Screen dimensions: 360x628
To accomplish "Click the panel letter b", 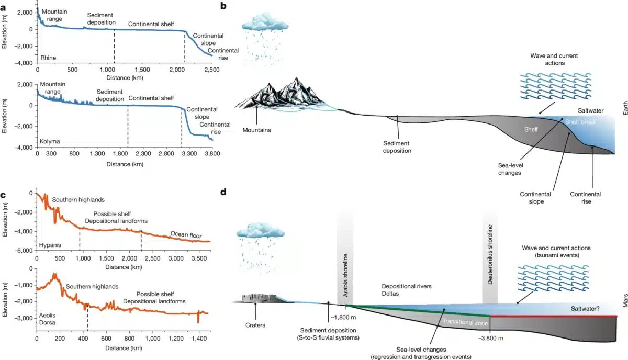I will (x=223, y=7).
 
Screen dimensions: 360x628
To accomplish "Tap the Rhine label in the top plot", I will (x=48, y=58).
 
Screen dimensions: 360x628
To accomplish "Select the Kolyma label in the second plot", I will (x=50, y=142).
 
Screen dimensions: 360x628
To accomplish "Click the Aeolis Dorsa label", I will (x=48, y=320).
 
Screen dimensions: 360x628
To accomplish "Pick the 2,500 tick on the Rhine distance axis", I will (x=211, y=70).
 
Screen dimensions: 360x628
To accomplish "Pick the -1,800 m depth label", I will (x=343, y=317).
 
